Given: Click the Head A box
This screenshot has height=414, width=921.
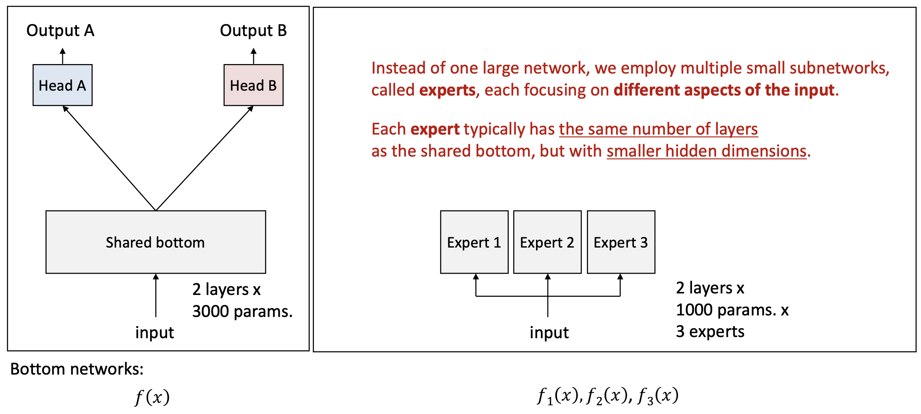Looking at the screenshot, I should click(63, 85).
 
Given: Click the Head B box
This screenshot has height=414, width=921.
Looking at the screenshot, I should click(253, 85).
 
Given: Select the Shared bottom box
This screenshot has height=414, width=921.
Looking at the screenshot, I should click(156, 242).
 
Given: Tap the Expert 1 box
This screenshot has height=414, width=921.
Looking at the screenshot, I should click(474, 242).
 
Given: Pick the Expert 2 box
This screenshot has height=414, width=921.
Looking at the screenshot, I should click(547, 242).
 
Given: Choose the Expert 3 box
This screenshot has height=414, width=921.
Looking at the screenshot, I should click(621, 242).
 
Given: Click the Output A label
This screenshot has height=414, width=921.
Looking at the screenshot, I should click(60, 31).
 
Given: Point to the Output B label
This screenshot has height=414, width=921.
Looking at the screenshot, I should click(253, 31).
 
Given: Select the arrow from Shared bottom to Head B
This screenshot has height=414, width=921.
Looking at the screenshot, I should click(204, 158).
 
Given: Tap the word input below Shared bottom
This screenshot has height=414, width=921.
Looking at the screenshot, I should click(155, 332).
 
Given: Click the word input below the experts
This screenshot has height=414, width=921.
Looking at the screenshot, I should click(549, 332).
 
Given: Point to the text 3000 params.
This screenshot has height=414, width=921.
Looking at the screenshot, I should click(242, 311).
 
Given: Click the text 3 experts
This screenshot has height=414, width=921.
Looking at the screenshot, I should click(710, 332).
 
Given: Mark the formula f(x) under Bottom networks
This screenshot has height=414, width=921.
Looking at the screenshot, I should click(152, 397).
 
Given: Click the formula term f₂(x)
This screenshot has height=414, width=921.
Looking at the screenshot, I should click(607, 396).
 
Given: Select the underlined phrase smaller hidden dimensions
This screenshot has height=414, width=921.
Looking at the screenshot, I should click(706, 151).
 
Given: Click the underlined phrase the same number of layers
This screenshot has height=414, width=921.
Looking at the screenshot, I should click(658, 129).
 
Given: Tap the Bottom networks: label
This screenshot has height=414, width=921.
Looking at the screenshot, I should click(77, 369).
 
